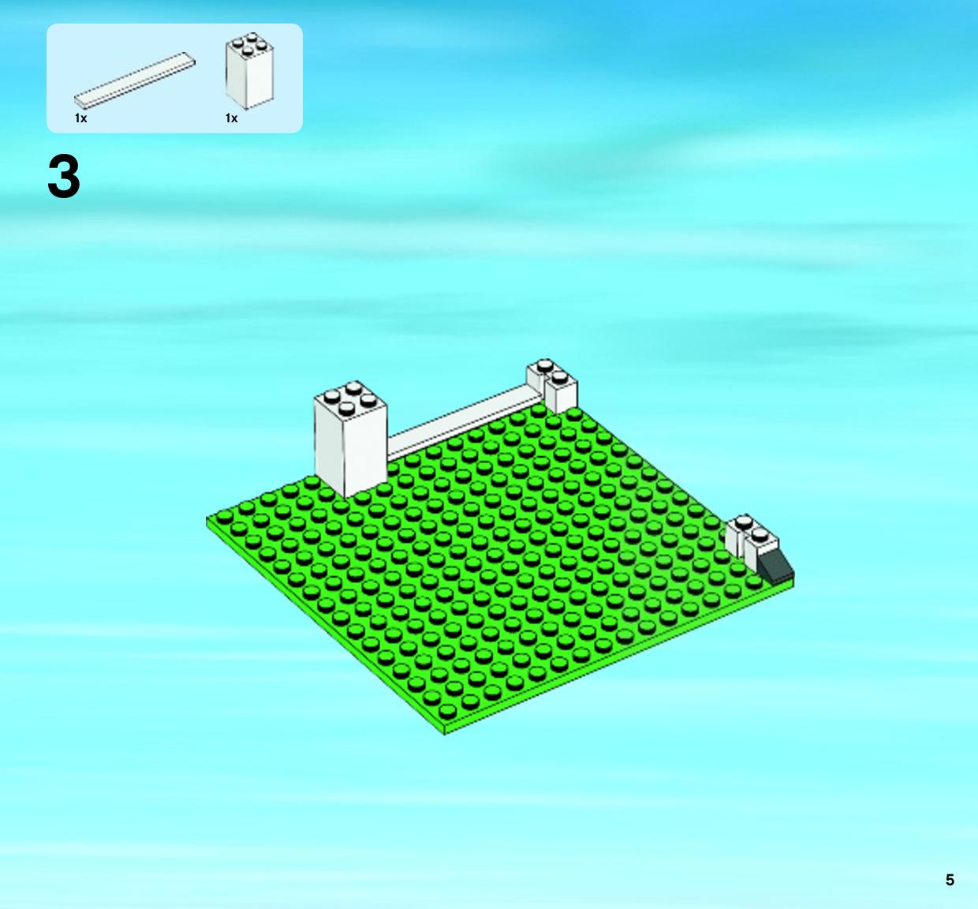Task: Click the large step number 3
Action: point(64,176)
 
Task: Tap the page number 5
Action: point(950,880)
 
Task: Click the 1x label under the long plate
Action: point(80,118)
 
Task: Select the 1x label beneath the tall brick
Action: point(231,118)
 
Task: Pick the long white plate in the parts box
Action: point(134,80)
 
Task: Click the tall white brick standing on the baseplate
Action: point(351,440)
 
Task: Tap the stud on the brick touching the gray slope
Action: point(760,533)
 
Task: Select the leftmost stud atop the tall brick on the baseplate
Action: point(332,395)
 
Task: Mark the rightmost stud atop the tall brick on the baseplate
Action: point(368,400)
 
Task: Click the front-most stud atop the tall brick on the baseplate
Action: point(347,407)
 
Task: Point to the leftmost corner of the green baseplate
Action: point(207,518)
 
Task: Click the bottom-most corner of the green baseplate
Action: point(445,734)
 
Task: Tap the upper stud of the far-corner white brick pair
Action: point(545,365)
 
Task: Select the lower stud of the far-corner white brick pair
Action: point(560,378)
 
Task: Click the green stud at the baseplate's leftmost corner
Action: point(224,516)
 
